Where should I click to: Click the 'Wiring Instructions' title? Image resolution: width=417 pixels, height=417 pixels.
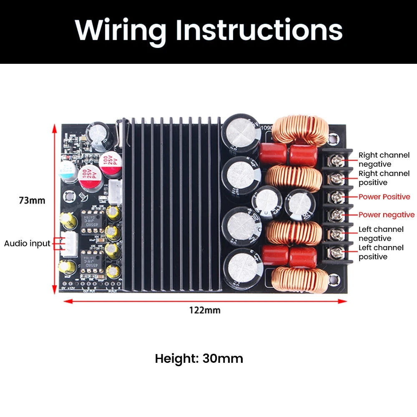[x=208, y=30]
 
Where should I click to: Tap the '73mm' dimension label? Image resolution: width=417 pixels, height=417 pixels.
[x=32, y=200]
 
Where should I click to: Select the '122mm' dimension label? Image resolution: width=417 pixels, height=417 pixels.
[x=205, y=310]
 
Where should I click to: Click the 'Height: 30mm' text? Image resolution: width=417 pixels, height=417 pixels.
[x=199, y=359]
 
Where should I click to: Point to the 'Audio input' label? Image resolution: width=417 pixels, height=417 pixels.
[x=27, y=243]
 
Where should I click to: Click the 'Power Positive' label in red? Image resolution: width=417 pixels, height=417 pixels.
[x=384, y=197]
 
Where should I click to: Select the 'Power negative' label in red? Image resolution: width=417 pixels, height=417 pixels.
[x=387, y=215]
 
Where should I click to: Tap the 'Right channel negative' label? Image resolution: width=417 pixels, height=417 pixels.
[x=384, y=160]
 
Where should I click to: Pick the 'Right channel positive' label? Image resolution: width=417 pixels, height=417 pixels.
[x=384, y=178]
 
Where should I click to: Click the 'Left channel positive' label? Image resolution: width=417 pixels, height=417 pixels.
[x=381, y=252]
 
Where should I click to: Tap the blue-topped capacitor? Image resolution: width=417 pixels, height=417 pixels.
[x=68, y=171]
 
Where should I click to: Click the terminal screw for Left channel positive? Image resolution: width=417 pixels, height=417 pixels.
[x=336, y=252]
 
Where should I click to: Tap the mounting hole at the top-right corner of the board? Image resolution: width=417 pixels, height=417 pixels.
[x=333, y=138]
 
